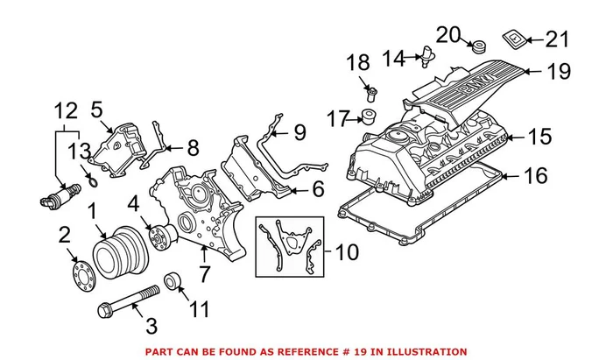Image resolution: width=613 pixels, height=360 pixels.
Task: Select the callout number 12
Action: pyautogui.click(x=67, y=110)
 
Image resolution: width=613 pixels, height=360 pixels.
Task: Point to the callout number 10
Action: pyautogui.click(x=346, y=253)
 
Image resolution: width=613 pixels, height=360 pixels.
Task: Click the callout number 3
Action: pyautogui.click(x=151, y=327)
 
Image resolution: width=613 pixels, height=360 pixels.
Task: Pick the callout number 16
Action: pyautogui.click(x=535, y=177)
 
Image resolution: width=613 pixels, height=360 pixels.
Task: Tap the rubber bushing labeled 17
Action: pyautogui.click(x=369, y=116)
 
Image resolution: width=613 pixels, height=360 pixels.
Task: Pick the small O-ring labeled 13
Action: pyautogui.click(x=91, y=182)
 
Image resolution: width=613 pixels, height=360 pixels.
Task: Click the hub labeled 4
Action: pyautogui.click(x=162, y=236)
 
